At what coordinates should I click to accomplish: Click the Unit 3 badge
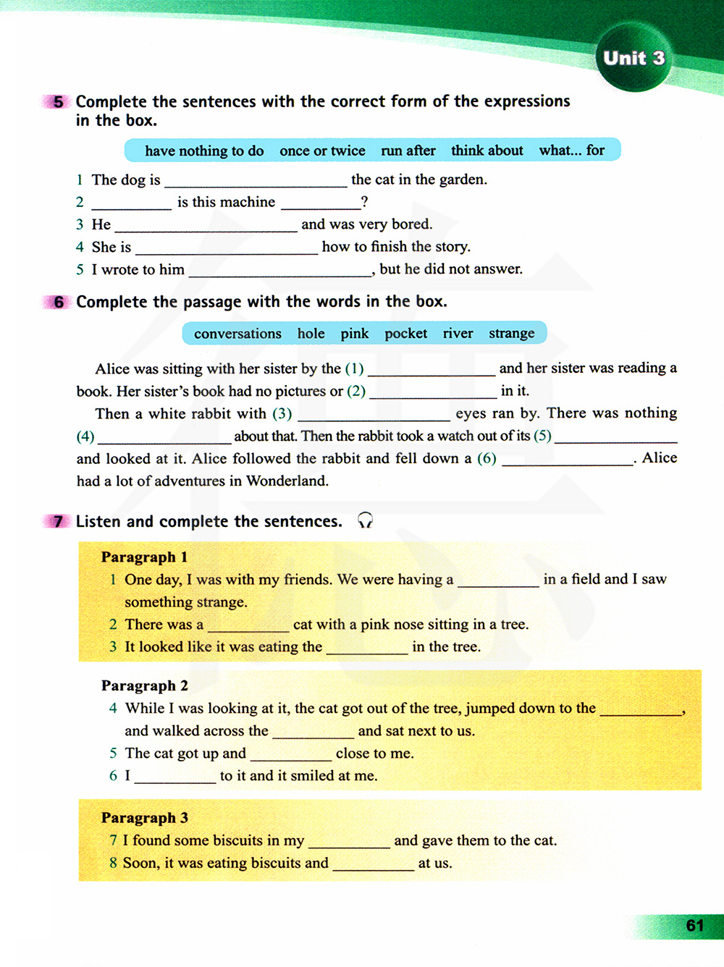coord(633,58)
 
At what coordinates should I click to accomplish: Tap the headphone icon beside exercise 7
coord(366,520)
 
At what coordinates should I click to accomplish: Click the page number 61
coord(694,926)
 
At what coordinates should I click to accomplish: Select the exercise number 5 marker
coord(57,101)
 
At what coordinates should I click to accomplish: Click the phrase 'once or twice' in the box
coord(322,151)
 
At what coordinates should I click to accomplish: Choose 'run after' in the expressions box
coord(408,151)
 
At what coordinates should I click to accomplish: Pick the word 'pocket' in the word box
coord(405,334)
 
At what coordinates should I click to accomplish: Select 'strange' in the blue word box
coord(511,334)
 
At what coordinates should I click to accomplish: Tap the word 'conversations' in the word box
coord(237,334)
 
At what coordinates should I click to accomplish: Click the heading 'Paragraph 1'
coord(144,557)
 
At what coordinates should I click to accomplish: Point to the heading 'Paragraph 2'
coord(144,685)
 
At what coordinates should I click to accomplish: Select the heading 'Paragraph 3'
coord(144,817)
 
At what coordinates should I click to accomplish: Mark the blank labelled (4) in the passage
coord(164,437)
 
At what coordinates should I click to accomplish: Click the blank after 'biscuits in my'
coord(349,842)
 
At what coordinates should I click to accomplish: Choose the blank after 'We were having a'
coord(498,580)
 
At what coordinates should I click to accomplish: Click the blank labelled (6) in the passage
coord(567,460)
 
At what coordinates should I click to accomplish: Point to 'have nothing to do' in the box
coord(204,151)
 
